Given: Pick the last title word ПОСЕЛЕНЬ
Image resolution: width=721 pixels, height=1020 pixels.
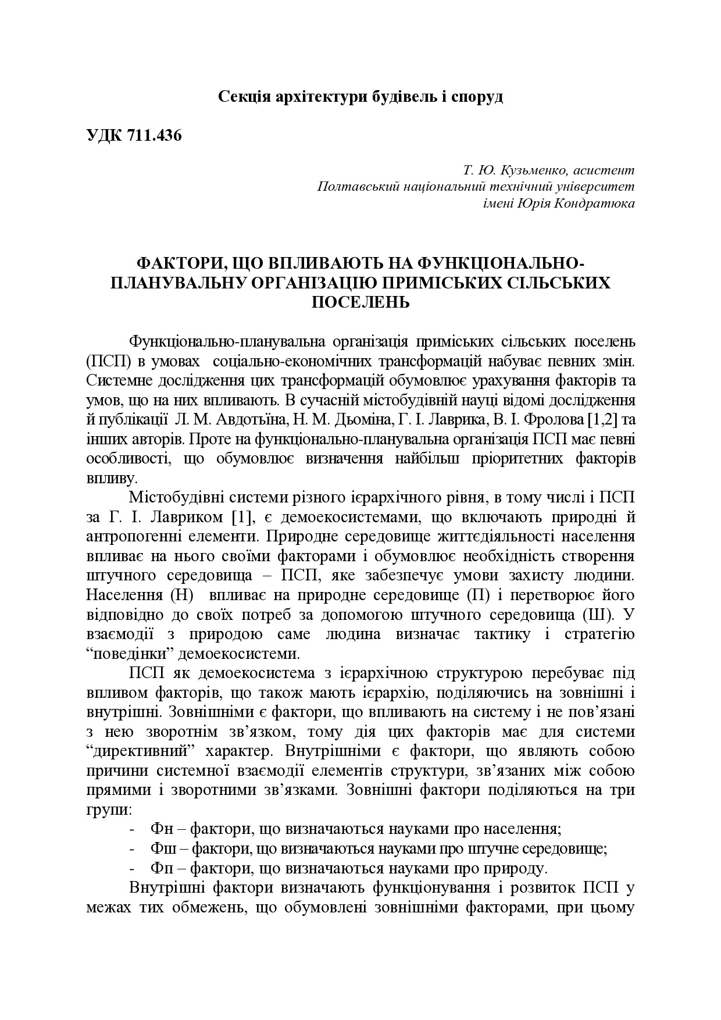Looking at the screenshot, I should [361, 302].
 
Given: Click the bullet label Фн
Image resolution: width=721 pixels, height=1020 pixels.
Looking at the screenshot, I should [160, 829].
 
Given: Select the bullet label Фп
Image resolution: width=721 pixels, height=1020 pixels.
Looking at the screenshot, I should [160, 869].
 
